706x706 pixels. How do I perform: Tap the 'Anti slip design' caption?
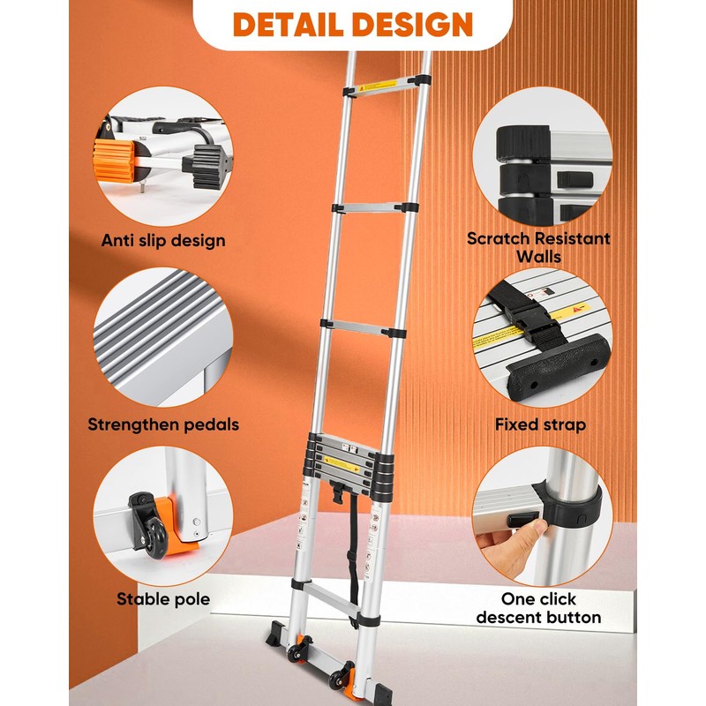pos(163,240)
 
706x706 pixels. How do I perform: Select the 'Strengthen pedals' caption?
pos(163,424)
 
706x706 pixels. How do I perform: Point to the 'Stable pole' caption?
pos(163,600)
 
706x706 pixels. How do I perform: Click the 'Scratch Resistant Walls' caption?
pos(538,247)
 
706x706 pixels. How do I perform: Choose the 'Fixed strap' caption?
pos(540,424)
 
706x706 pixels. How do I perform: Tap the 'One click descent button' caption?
pos(538,608)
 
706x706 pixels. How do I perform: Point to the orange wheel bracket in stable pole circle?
pos(173,529)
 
